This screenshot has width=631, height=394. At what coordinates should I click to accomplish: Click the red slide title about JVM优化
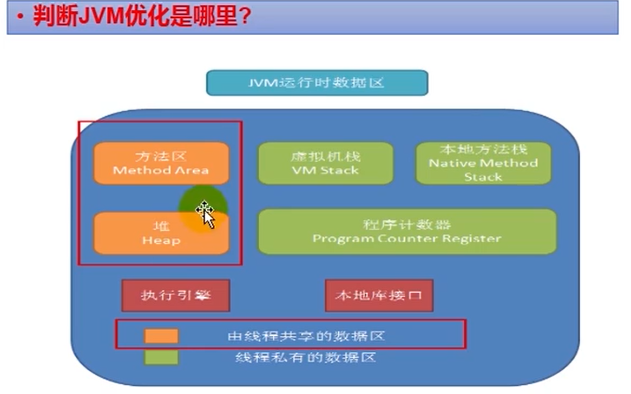tap(142, 16)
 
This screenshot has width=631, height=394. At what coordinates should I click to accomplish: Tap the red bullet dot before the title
tap(19, 17)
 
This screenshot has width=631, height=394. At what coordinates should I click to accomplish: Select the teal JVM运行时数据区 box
tap(317, 83)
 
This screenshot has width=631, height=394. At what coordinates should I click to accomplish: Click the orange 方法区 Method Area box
tap(161, 163)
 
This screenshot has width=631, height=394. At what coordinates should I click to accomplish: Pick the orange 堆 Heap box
tap(161, 233)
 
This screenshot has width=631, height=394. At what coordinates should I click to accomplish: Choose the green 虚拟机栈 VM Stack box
tap(326, 163)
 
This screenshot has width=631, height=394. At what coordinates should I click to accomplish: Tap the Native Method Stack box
tap(483, 163)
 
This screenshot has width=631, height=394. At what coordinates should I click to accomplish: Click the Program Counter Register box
tap(407, 231)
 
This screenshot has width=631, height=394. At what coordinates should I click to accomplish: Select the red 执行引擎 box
tap(176, 296)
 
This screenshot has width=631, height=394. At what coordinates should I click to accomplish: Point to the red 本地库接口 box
tap(379, 296)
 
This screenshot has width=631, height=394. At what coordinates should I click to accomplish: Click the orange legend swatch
tap(161, 336)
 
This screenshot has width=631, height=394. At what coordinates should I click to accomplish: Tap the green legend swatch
tap(161, 357)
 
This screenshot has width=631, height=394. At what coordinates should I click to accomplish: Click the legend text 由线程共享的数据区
tap(306, 336)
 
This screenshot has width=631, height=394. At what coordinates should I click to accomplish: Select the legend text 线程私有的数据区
tap(306, 357)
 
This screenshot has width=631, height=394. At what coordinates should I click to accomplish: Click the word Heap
tap(161, 241)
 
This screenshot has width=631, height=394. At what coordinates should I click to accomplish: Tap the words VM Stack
tap(325, 170)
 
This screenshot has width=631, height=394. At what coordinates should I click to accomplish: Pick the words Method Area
tap(161, 170)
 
